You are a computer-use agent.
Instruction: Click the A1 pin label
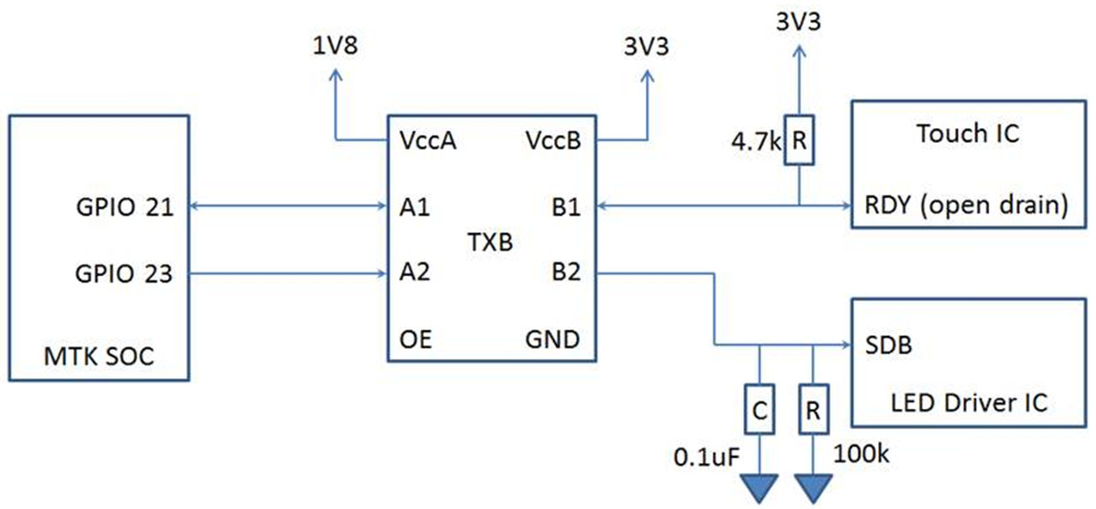[414, 208]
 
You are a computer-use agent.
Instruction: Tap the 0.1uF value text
[706, 457]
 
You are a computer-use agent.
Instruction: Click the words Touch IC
[967, 134]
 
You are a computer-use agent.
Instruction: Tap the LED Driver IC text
[967, 404]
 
